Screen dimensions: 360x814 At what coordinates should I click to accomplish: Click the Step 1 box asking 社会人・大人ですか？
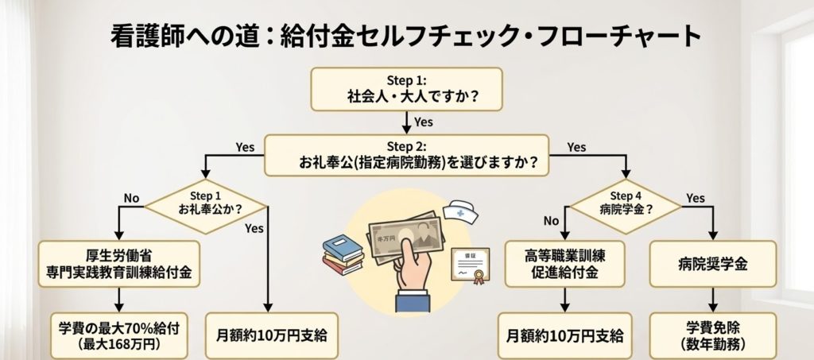pos(406,88)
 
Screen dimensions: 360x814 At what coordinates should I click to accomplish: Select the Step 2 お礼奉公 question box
pos(408,154)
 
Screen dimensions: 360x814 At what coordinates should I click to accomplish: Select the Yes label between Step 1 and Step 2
pos(424,122)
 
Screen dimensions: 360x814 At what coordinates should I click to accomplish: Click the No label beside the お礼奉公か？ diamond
pos(132,198)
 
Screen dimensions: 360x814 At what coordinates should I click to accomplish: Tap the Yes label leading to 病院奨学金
pos(696,198)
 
